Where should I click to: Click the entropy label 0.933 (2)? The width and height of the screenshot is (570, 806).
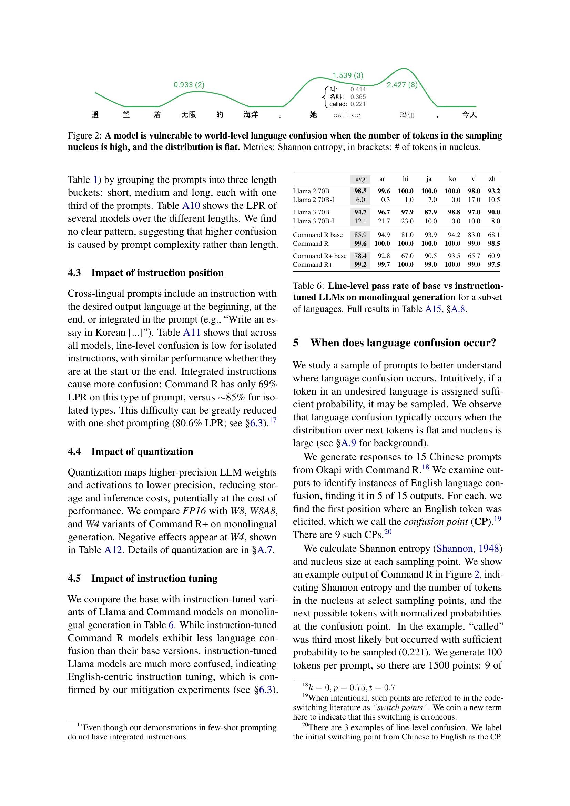pos(189,85)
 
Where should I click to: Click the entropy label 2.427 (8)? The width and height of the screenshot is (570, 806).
pos(402,85)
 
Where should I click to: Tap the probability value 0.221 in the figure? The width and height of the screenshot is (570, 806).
pos(358,104)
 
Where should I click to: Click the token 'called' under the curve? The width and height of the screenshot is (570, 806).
pos(347,115)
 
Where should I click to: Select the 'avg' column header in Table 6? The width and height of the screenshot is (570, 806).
pos(360,179)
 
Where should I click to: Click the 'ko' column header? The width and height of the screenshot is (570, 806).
pos(452,179)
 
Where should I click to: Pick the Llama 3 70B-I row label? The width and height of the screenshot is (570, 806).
pos(313,221)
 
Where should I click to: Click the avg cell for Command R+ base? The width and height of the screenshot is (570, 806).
pos(360,256)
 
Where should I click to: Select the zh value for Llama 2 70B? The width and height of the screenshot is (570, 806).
pos(494,191)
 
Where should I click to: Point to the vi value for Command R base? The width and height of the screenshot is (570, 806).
pos(474,235)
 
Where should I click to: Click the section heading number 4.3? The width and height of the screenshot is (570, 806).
pos(74,273)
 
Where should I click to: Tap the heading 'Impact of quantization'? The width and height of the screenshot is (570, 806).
pos(142,451)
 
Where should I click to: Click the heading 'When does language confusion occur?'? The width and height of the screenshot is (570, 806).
pos(403,343)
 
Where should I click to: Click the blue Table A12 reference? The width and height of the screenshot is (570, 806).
pos(113,550)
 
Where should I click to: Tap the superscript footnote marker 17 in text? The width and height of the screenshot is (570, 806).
pos(273,420)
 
